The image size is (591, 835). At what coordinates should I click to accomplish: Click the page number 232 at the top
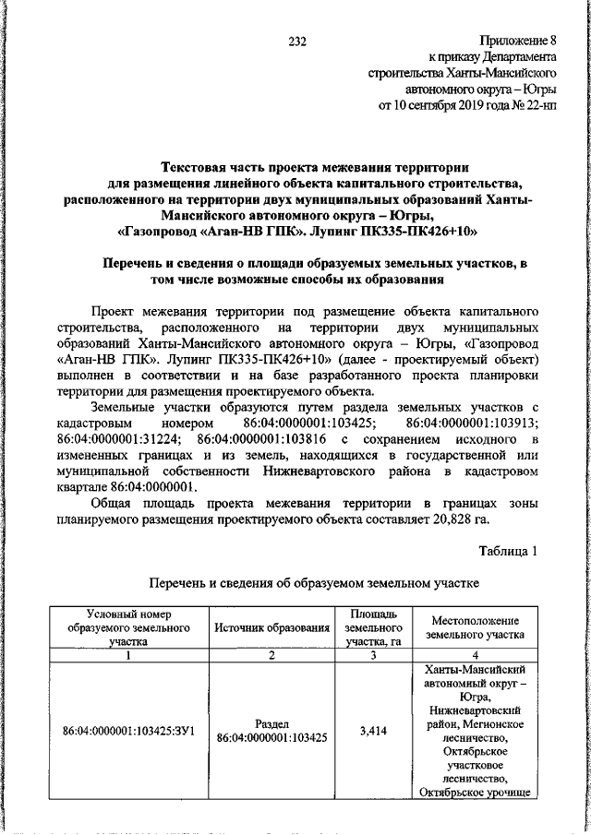[x=296, y=40]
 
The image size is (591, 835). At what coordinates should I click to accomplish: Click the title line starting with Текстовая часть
[x=295, y=167]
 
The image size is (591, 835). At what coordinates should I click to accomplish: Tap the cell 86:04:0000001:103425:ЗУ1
[x=129, y=731]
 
